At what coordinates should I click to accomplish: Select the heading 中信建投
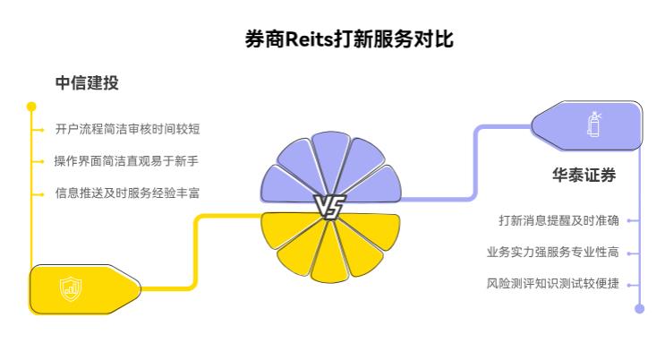tap(87, 83)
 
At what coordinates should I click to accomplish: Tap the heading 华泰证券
tap(584, 176)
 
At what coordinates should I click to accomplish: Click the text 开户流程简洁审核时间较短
tap(127, 129)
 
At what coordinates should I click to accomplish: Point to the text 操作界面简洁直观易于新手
tap(126, 160)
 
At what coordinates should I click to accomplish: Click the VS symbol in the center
tap(328, 207)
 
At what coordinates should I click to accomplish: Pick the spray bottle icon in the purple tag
tap(593, 124)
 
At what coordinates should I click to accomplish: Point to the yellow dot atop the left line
tap(32, 107)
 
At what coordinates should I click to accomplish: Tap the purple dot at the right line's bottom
tap(639, 309)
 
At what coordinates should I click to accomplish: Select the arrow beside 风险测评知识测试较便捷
tap(632, 284)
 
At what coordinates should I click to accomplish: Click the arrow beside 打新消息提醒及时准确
tap(632, 220)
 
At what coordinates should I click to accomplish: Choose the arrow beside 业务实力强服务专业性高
tap(632, 253)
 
